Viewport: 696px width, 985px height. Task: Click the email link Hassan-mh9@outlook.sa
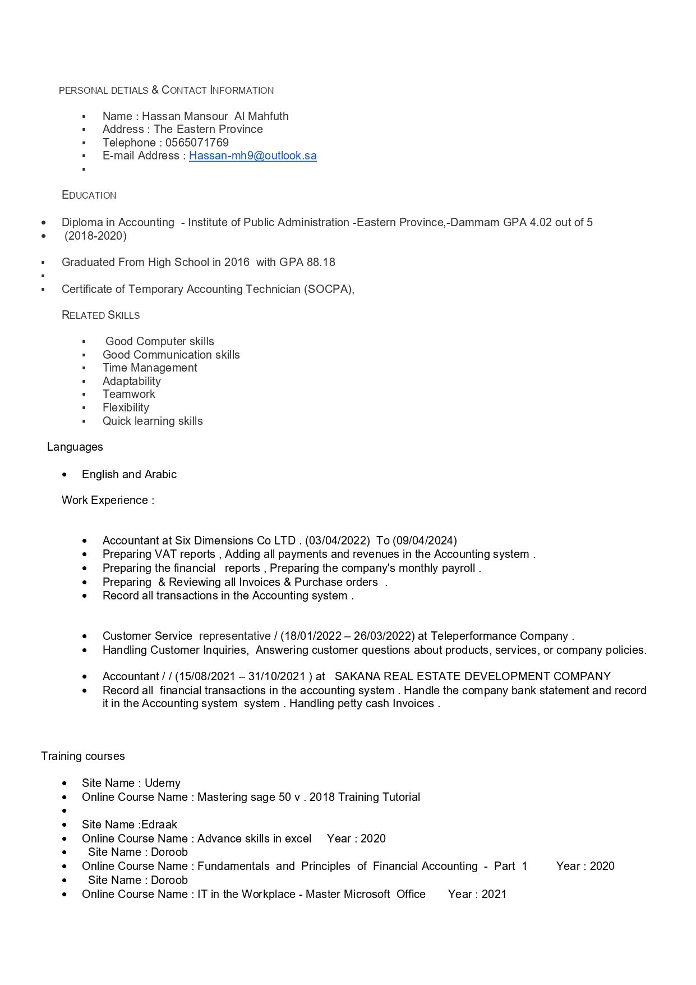(x=252, y=155)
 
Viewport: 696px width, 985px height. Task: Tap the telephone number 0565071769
(x=197, y=143)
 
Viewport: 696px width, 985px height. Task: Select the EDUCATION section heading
(x=89, y=195)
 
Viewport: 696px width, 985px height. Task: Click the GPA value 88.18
(x=322, y=262)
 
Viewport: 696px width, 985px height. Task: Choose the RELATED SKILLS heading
(x=101, y=315)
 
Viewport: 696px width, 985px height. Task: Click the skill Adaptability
(x=131, y=381)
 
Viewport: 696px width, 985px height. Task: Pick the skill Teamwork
(x=128, y=394)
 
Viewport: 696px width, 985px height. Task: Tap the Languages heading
(x=75, y=447)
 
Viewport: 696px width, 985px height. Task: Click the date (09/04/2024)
(x=425, y=540)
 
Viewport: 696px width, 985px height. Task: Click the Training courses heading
(x=83, y=756)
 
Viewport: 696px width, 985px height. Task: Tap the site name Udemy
(x=163, y=783)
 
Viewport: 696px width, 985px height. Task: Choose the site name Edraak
(x=159, y=824)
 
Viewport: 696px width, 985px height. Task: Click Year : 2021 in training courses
(x=477, y=894)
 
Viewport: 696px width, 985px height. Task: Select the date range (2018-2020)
(x=95, y=236)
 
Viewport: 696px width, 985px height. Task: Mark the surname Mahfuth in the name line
(x=268, y=116)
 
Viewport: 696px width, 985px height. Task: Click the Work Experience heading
(x=108, y=500)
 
